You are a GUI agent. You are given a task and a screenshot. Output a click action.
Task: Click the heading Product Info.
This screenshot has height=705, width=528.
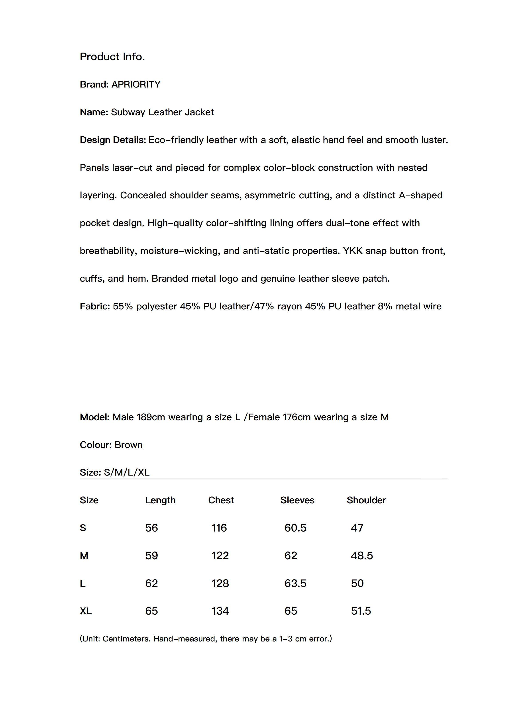112,56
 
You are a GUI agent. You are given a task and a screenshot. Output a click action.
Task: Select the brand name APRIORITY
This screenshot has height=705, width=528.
136,84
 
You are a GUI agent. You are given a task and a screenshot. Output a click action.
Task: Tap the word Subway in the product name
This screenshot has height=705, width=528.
128,112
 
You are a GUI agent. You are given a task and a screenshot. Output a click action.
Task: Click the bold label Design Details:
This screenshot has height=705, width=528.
113,140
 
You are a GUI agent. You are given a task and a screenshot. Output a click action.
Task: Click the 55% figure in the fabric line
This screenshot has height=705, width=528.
123,306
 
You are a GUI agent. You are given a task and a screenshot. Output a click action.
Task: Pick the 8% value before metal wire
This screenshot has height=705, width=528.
385,306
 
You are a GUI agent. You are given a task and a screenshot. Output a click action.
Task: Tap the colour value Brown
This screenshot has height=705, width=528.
129,445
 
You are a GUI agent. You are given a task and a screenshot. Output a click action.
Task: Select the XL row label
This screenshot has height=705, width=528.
86,611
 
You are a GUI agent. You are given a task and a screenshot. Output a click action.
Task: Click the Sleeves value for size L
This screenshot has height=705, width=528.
295,583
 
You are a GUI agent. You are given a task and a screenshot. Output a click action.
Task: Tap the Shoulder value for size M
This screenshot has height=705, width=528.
362,556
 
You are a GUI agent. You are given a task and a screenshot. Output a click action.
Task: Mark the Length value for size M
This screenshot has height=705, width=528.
151,556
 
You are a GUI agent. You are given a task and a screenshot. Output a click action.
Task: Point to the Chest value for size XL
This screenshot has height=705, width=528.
220,611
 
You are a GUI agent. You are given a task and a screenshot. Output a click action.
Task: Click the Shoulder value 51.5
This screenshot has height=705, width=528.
361,611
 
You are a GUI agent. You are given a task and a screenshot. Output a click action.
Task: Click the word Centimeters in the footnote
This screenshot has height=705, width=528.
126,639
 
